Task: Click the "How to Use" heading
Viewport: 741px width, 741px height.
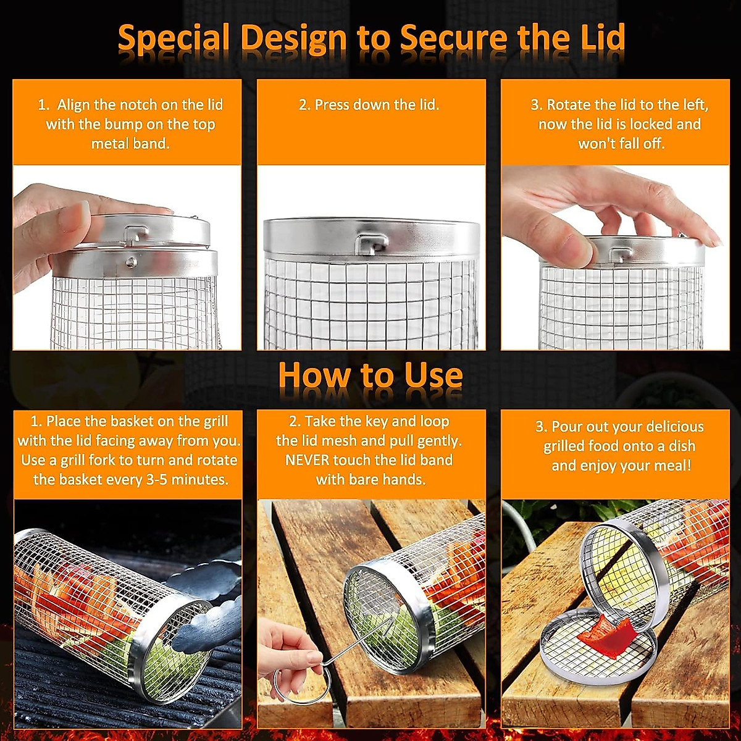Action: coord(370,375)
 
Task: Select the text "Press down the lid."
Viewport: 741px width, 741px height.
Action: coord(369,105)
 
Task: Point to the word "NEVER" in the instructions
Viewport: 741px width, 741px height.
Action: coord(307,460)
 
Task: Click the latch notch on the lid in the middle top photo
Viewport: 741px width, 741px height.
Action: coord(370,241)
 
